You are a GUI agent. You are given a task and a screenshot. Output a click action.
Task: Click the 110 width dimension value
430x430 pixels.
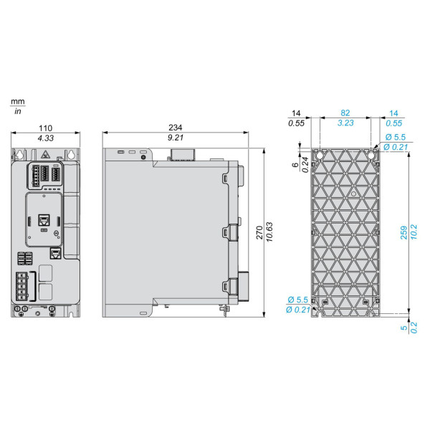[45, 128]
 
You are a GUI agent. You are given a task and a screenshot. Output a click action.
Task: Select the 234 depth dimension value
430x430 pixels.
[176, 128]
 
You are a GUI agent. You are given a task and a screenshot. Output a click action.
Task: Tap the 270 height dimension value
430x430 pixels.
[259, 232]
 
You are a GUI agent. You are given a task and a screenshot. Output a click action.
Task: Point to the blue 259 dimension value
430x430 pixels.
[403, 232]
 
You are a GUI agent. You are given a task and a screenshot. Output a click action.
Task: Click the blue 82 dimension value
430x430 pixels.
[345, 113]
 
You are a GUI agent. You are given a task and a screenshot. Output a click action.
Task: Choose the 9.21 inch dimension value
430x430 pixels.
[176, 138]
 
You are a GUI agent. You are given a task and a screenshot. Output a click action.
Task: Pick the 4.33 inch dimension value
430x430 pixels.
[46, 138]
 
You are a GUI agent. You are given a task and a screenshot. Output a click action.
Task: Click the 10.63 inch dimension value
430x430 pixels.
[269, 232]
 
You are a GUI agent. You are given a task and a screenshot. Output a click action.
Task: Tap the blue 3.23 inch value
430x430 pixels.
[345, 123]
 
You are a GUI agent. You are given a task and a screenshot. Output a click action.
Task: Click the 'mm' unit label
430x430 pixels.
[17, 102]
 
